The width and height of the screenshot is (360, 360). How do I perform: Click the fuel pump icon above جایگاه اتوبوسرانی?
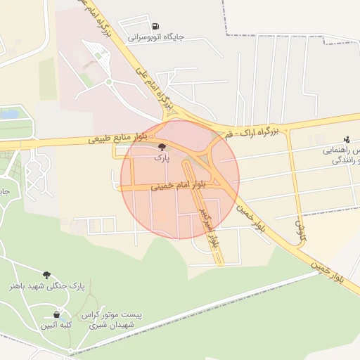(155, 26)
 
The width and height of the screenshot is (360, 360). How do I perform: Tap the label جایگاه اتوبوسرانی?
(155, 37)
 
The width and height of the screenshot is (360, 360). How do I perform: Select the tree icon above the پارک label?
(162, 147)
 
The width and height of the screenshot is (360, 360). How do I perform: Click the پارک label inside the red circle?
(162, 159)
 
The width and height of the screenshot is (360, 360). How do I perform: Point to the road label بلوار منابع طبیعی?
(117, 138)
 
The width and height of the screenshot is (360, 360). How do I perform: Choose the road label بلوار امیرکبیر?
(207, 229)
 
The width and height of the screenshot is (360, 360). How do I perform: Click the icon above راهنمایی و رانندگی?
(346, 139)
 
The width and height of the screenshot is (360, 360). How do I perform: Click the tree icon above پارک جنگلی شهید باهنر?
(46, 275)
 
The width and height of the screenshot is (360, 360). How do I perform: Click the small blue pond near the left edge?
(8, 113)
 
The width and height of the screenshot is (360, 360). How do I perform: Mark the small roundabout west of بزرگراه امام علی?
(109, 82)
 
